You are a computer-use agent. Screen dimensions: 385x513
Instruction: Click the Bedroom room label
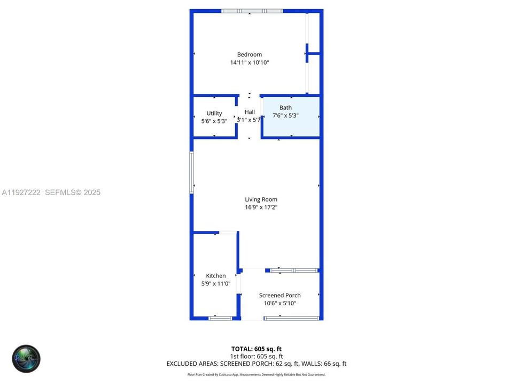click(250, 55)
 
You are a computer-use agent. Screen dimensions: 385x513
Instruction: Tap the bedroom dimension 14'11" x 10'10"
click(250, 63)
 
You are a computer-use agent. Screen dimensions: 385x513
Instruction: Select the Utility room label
click(214, 113)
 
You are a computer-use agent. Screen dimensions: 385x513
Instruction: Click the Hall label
click(250, 112)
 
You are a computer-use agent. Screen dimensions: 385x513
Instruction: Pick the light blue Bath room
click(291, 126)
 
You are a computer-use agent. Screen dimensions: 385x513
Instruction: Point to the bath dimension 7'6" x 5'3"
click(285, 115)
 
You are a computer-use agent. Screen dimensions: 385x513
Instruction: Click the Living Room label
click(261, 199)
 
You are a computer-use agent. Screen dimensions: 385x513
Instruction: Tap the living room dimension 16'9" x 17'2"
click(261, 207)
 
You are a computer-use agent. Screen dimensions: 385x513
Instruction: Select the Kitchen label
click(216, 276)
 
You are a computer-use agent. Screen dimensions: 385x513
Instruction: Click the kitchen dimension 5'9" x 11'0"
click(216, 284)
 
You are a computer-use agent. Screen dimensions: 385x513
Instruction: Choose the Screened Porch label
click(279, 295)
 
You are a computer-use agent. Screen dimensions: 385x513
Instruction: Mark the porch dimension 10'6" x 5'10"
click(279, 303)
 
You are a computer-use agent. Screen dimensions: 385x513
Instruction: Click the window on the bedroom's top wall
click(252, 11)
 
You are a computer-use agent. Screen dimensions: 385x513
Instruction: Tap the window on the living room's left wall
click(191, 172)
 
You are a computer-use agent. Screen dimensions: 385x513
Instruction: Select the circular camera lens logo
click(27, 359)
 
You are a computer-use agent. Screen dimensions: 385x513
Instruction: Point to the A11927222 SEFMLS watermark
click(51, 192)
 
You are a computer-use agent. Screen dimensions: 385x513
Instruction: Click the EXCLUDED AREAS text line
click(256, 364)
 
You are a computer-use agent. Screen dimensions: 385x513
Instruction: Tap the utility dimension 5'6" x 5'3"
click(214, 121)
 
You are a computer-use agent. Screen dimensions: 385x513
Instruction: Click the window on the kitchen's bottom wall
click(220, 318)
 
